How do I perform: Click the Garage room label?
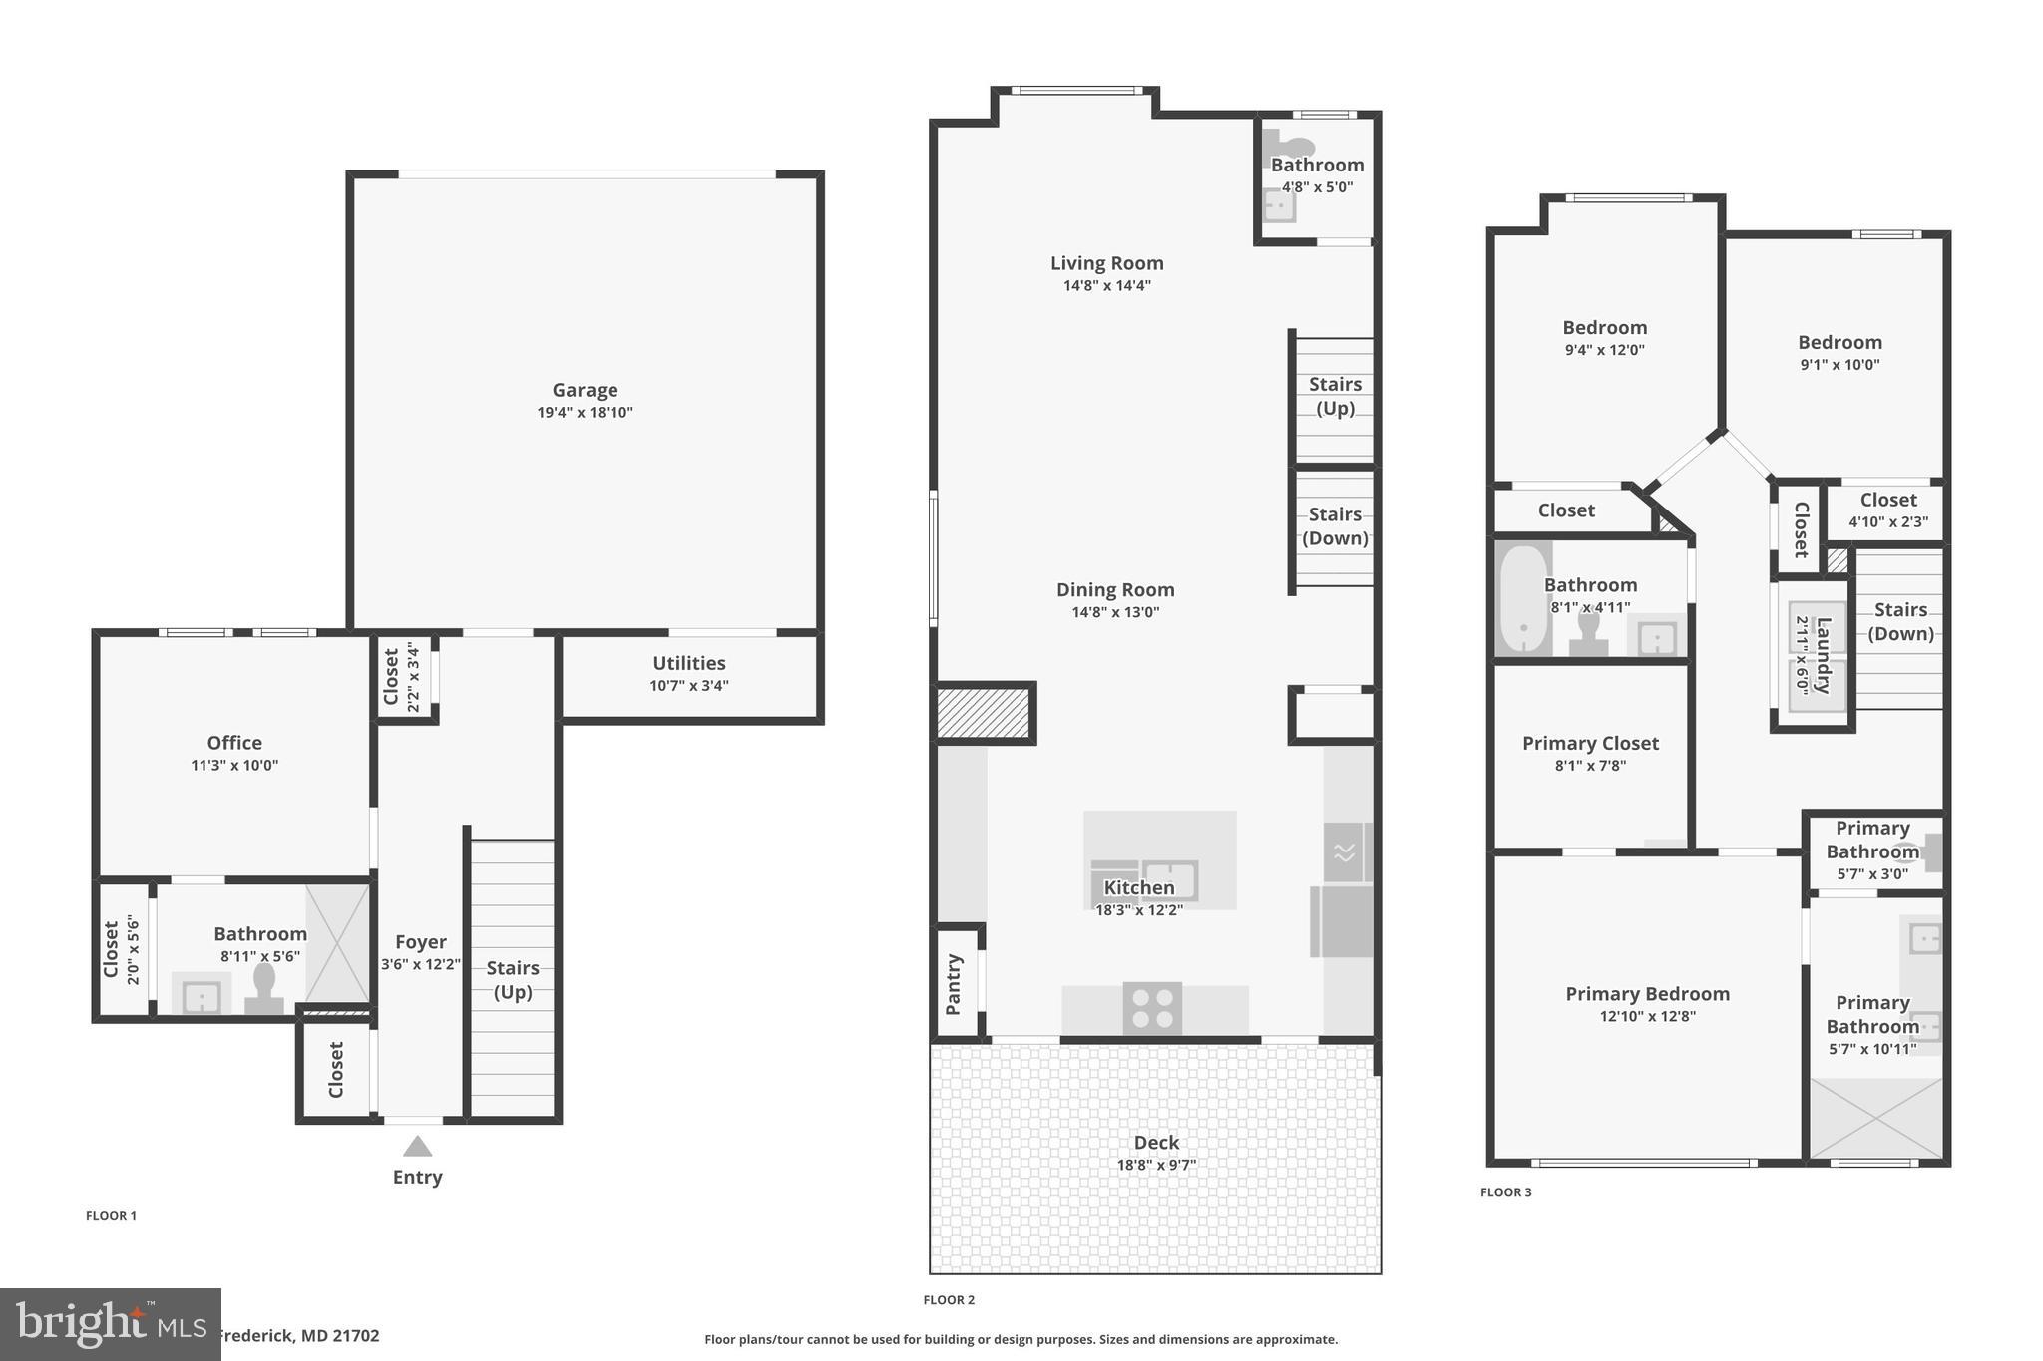coord(585,390)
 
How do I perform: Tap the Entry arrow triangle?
coord(417,1147)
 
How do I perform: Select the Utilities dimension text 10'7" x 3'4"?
coord(688,686)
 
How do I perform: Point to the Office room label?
coord(234,743)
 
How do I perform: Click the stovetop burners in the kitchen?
coord(1152,1007)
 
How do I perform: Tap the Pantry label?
coord(954,984)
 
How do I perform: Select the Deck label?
coord(1156,1143)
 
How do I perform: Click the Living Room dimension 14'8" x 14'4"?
coord(1106,286)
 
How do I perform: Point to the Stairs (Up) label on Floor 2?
coord(1335,396)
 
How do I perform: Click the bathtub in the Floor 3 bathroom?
coord(1523,599)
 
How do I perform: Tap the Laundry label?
coord(1823,656)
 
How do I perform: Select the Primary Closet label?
coord(1590,743)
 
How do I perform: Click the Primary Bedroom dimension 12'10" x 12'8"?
coord(1647,1017)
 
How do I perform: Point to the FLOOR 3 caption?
coord(1505,1192)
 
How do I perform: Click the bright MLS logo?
coord(110,1324)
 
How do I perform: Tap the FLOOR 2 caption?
coord(949,1300)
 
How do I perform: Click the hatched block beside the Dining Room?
coord(983,713)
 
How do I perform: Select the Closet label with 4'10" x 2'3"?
coord(1887,501)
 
